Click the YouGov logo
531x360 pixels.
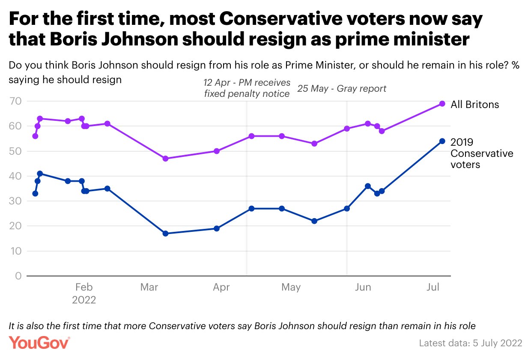pyautogui.click(x=39, y=343)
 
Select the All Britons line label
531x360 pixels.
pyautogui.click(x=474, y=104)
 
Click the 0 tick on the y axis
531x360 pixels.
pyautogui.click(x=18, y=276)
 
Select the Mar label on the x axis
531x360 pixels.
pyautogui.click(x=149, y=287)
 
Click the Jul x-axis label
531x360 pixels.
pyautogui.click(x=433, y=287)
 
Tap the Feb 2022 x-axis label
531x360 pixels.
pyautogui.click(x=84, y=293)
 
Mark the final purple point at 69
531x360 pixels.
pyautogui.click(x=442, y=104)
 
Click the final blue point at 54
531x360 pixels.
pyautogui.click(x=442, y=141)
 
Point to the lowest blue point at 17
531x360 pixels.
pyautogui.click(x=166, y=234)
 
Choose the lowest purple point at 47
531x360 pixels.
pyautogui.click(x=166, y=159)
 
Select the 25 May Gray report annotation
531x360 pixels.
pyautogui.click(x=342, y=89)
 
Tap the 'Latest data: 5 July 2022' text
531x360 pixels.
pyautogui.click(x=470, y=343)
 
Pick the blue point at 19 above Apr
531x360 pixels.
pyautogui.click(x=217, y=228)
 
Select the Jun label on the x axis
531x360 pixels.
pyautogui.click(x=363, y=287)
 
